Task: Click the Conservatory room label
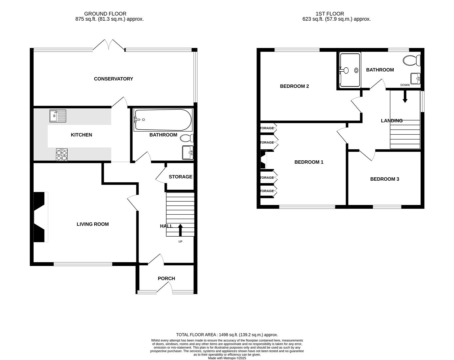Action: click(x=113, y=79)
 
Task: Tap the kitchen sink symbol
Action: click(x=58, y=116)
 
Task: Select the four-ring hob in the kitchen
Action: click(x=62, y=155)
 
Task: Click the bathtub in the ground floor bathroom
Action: click(x=163, y=120)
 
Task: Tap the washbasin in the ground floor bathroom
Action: click(x=188, y=153)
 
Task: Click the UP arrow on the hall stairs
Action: click(x=180, y=230)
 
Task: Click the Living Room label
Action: click(x=93, y=224)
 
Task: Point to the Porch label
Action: click(x=166, y=279)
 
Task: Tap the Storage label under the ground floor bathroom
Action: click(x=180, y=177)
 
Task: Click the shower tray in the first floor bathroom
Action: click(x=350, y=70)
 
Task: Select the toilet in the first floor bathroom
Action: click(x=412, y=61)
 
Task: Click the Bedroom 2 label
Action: click(x=294, y=86)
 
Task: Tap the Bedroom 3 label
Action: click(x=384, y=179)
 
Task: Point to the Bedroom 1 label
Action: click(x=309, y=162)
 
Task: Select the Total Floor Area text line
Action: click(x=227, y=335)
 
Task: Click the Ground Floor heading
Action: click(x=105, y=14)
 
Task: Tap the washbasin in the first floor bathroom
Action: click(x=415, y=79)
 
